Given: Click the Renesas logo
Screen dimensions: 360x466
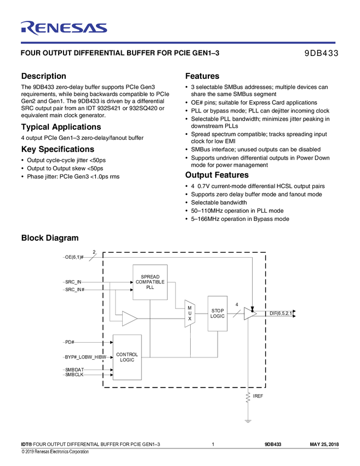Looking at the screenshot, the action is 64,28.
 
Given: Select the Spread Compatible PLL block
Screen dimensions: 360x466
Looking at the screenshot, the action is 150,282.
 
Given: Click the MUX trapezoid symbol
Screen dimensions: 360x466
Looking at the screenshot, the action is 190,314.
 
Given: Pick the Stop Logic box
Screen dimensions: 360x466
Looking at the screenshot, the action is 218,313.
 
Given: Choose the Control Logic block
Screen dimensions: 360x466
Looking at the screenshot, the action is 127,357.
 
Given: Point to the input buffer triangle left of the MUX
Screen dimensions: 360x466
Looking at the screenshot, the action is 129,318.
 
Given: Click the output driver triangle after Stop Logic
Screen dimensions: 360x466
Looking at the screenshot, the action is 250,314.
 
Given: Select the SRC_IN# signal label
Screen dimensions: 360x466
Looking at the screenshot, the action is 75,289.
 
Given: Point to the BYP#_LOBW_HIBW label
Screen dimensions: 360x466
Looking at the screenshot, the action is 85,357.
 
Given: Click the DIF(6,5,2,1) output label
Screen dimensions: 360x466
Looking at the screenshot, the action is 281,313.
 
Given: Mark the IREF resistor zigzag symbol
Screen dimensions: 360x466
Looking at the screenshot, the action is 248,397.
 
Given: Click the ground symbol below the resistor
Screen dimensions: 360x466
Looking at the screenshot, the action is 248,421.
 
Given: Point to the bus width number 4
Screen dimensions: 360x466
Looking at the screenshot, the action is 236,304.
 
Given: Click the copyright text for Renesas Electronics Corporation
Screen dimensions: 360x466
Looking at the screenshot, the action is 55,452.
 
